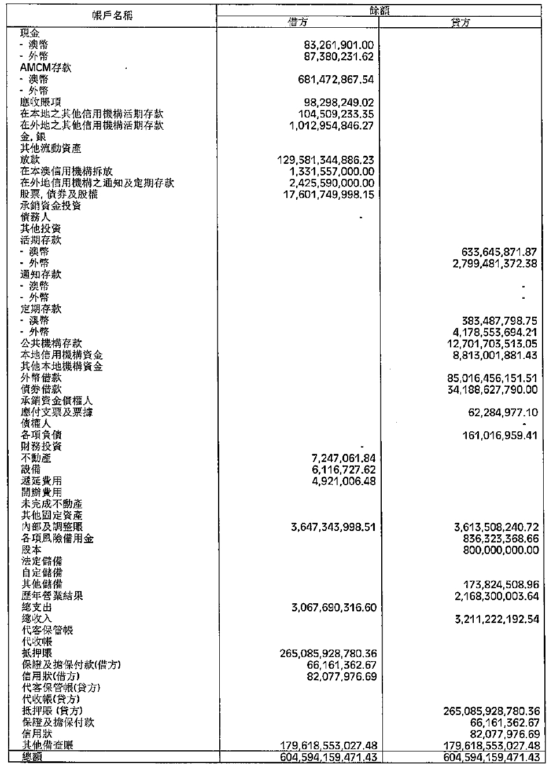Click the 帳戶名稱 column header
pos(112,16)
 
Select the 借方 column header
pos(297,22)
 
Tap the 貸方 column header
pos(460,23)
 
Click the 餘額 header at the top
pos(379,10)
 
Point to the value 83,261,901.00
pos(338,45)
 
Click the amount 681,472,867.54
pos(335,79)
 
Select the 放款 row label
pos(30,160)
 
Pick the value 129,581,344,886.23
pos(327,160)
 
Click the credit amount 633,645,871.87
pos(499,252)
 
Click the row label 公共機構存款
pos(51,343)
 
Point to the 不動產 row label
pos(36,458)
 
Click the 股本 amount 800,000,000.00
pos(500,550)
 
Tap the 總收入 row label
pos(36,618)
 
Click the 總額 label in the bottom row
pos(31,757)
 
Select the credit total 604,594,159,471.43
pos(491,757)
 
